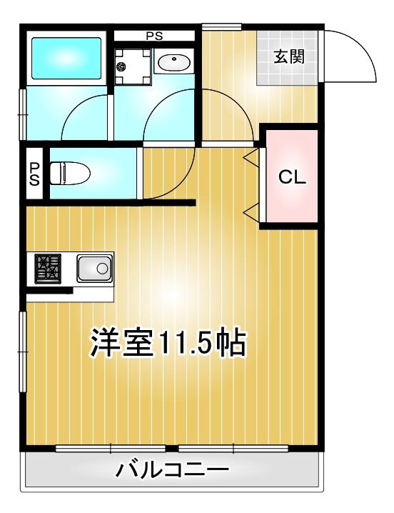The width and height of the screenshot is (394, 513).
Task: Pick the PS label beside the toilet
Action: [x=34, y=174]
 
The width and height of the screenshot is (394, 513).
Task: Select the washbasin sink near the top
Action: [x=172, y=63]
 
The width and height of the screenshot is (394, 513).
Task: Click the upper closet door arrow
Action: [x=251, y=154]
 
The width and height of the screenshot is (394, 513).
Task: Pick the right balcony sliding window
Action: [x=233, y=449]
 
